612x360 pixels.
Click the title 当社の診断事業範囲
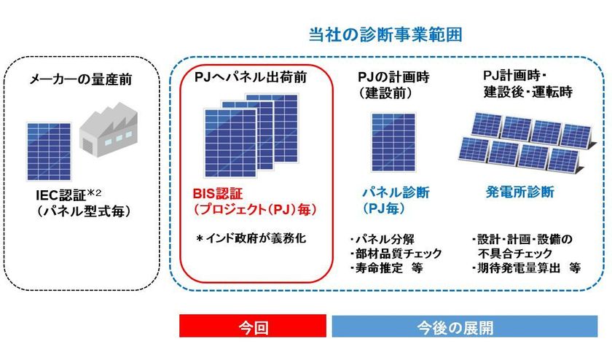(x=385, y=34)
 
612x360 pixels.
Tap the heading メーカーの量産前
(x=81, y=79)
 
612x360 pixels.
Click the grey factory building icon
(x=108, y=130)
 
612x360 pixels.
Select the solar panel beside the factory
(x=49, y=152)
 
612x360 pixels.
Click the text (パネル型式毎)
(x=84, y=211)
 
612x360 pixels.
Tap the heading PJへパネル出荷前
(x=251, y=77)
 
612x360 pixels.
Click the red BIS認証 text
(x=218, y=194)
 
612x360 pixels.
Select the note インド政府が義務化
(x=251, y=238)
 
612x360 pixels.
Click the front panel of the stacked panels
(x=230, y=143)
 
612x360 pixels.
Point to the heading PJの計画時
(x=393, y=77)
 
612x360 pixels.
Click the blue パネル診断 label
(x=396, y=192)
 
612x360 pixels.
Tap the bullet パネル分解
(x=382, y=239)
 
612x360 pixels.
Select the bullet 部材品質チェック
(x=396, y=254)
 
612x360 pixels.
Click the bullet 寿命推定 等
(x=386, y=268)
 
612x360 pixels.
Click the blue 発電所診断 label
(x=520, y=192)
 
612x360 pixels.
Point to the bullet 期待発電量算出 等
(x=526, y=268)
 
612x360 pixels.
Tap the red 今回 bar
(x=253, y=326)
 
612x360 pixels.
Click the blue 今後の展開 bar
(x=465, y=326)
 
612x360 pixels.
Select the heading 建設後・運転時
(x=528, y=92)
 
